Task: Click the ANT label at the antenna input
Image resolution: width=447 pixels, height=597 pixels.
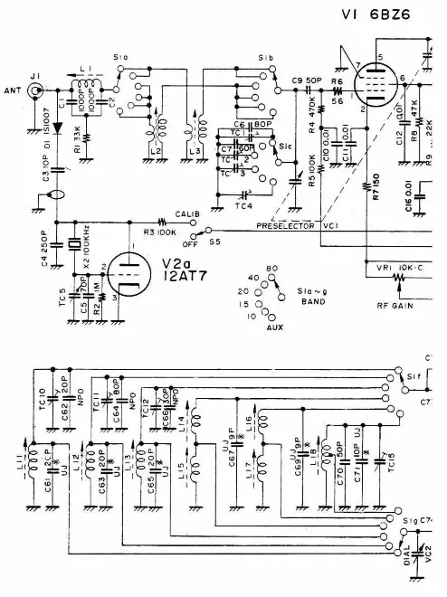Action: [x=12, y=91]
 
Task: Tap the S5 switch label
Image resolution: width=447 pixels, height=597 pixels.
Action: [x=214, y=242]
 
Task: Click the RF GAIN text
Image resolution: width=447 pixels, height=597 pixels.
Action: [x=396, y=305]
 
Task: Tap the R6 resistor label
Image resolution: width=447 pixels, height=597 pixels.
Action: [x=337, y=81]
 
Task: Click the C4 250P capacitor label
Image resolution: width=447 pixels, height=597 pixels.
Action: [x=45, y=242]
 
